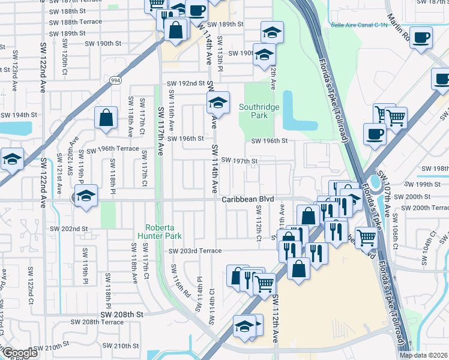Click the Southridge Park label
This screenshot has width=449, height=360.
pyautogui.click(x=261, y=111)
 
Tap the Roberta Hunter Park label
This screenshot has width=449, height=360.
pyautogui.click(x=160, y=232)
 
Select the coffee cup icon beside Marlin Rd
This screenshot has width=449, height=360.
pyautogui.click(x=421, y=38)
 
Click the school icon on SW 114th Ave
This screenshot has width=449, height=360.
pyautogui.click(x=218, y=103)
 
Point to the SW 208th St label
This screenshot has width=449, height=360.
pyautogui.click(x=122, y=314)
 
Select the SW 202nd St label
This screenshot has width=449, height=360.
pyautogui.click(x=68, y=229)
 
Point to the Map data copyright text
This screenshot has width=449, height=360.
pyautogui.click(x=424, y=355)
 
